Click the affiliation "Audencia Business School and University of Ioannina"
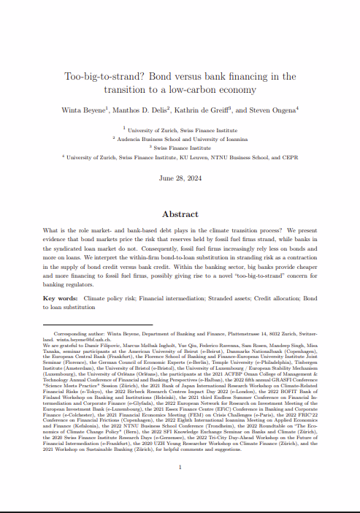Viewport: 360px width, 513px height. click(181, 137)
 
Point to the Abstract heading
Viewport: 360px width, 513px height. click(180, 214)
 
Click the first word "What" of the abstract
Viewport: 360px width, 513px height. click(53, 231)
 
